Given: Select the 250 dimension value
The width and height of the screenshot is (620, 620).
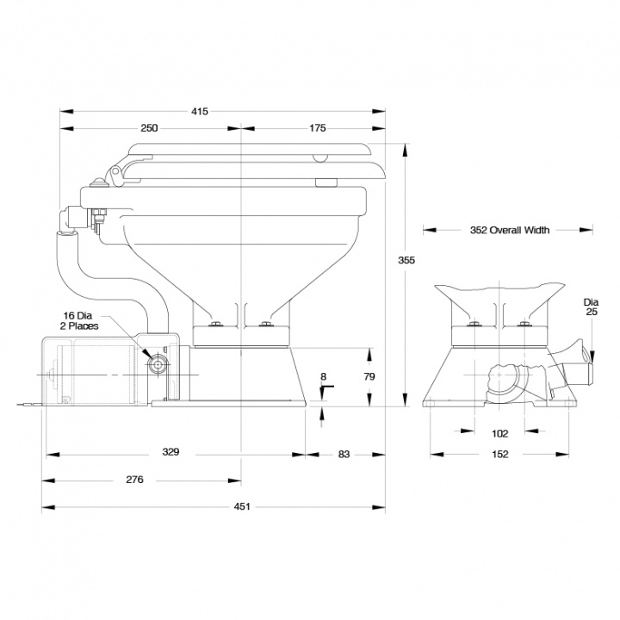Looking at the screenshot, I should [x=149, y=128].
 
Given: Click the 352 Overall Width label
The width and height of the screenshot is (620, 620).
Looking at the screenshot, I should [x=510, y=230].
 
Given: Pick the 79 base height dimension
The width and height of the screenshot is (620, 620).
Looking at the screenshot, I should [x=370, y=376].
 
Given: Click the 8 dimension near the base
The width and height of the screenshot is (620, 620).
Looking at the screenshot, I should [x=322, y=376].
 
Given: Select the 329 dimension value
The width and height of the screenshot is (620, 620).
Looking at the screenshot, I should [x=176, y=452].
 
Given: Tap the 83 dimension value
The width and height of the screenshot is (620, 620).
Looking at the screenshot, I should [x=344, y=452].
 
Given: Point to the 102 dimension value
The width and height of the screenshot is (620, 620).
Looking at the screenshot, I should [x=500, y=433].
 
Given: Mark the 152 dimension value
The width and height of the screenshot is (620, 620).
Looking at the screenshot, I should [x=500, y=454].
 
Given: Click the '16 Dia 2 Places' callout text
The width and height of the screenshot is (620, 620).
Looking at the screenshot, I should [x=80, y=321].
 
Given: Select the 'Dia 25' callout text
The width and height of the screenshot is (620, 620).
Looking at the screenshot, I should [x=591, y=307].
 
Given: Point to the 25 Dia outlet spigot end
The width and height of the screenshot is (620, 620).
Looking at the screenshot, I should [x=589, y=355].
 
